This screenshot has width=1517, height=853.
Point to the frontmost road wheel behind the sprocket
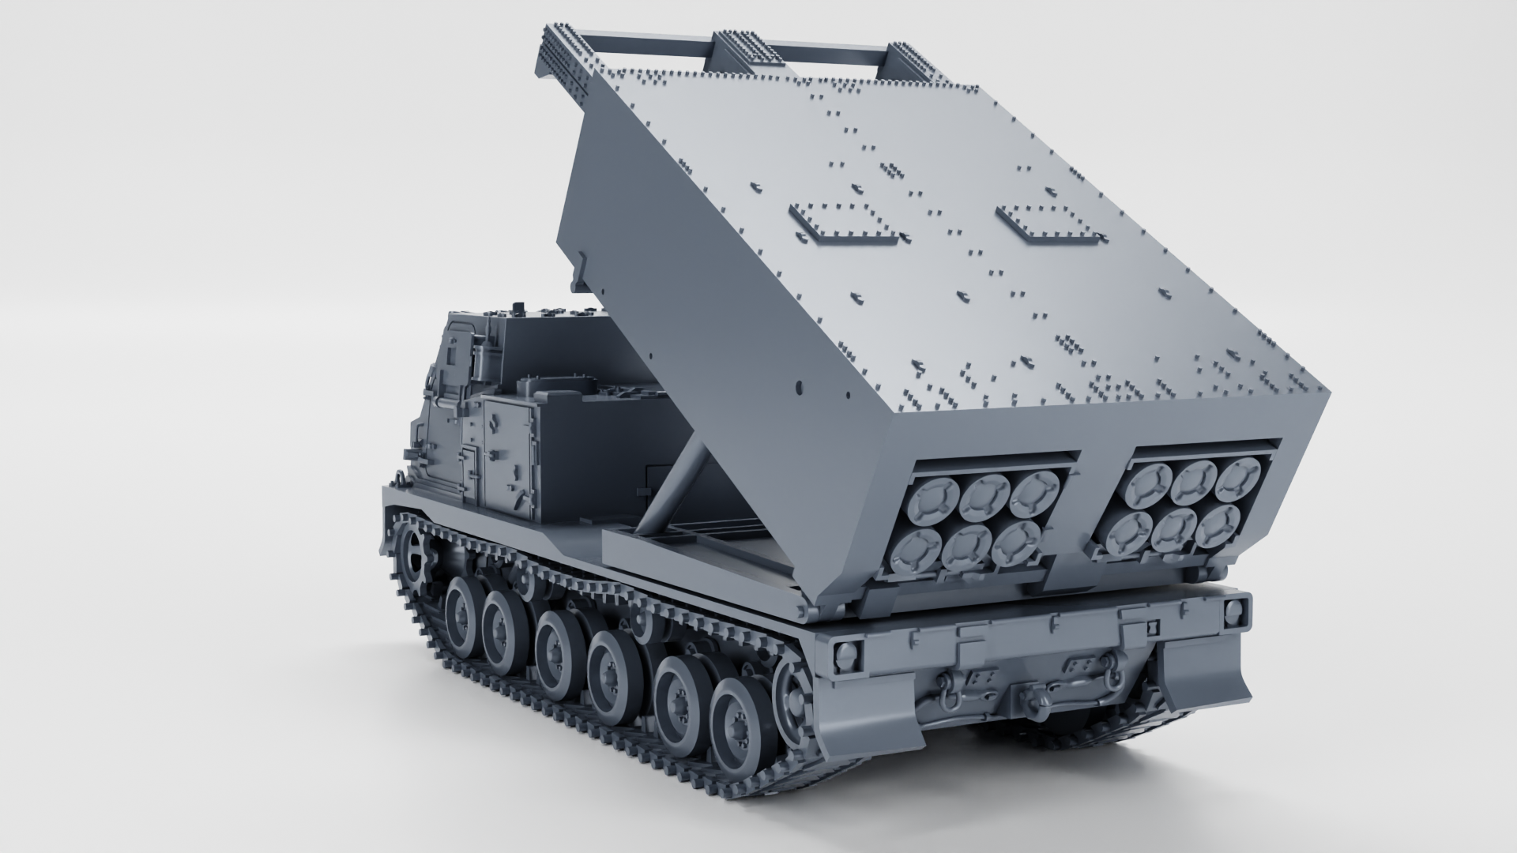tap(463, 607)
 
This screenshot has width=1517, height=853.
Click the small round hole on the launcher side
tap(798, 387)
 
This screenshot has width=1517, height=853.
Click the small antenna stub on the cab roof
tap(518, 307)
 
